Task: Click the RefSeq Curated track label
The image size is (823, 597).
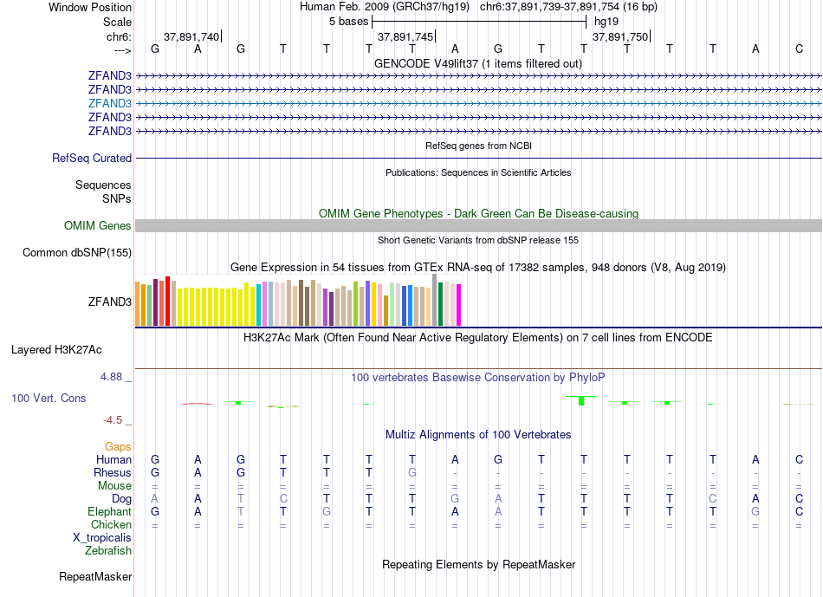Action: pos(92,159)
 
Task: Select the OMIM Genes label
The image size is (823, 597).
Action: pos(98,226)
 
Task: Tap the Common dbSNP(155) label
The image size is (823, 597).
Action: pos(77,253)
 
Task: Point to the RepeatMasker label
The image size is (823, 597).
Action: pos(95,576)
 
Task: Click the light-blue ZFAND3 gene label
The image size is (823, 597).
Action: pos(110,103)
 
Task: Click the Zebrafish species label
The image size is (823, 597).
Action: pos(108,550)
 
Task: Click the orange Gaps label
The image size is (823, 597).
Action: pos(118,446)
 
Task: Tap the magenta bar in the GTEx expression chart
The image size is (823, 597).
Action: pos(459,305)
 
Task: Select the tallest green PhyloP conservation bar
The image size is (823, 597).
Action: pos(582,400)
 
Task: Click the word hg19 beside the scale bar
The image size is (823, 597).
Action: pos(605,21)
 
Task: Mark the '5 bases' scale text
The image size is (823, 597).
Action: pos(349,21)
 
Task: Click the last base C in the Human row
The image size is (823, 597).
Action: pos(799,459)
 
